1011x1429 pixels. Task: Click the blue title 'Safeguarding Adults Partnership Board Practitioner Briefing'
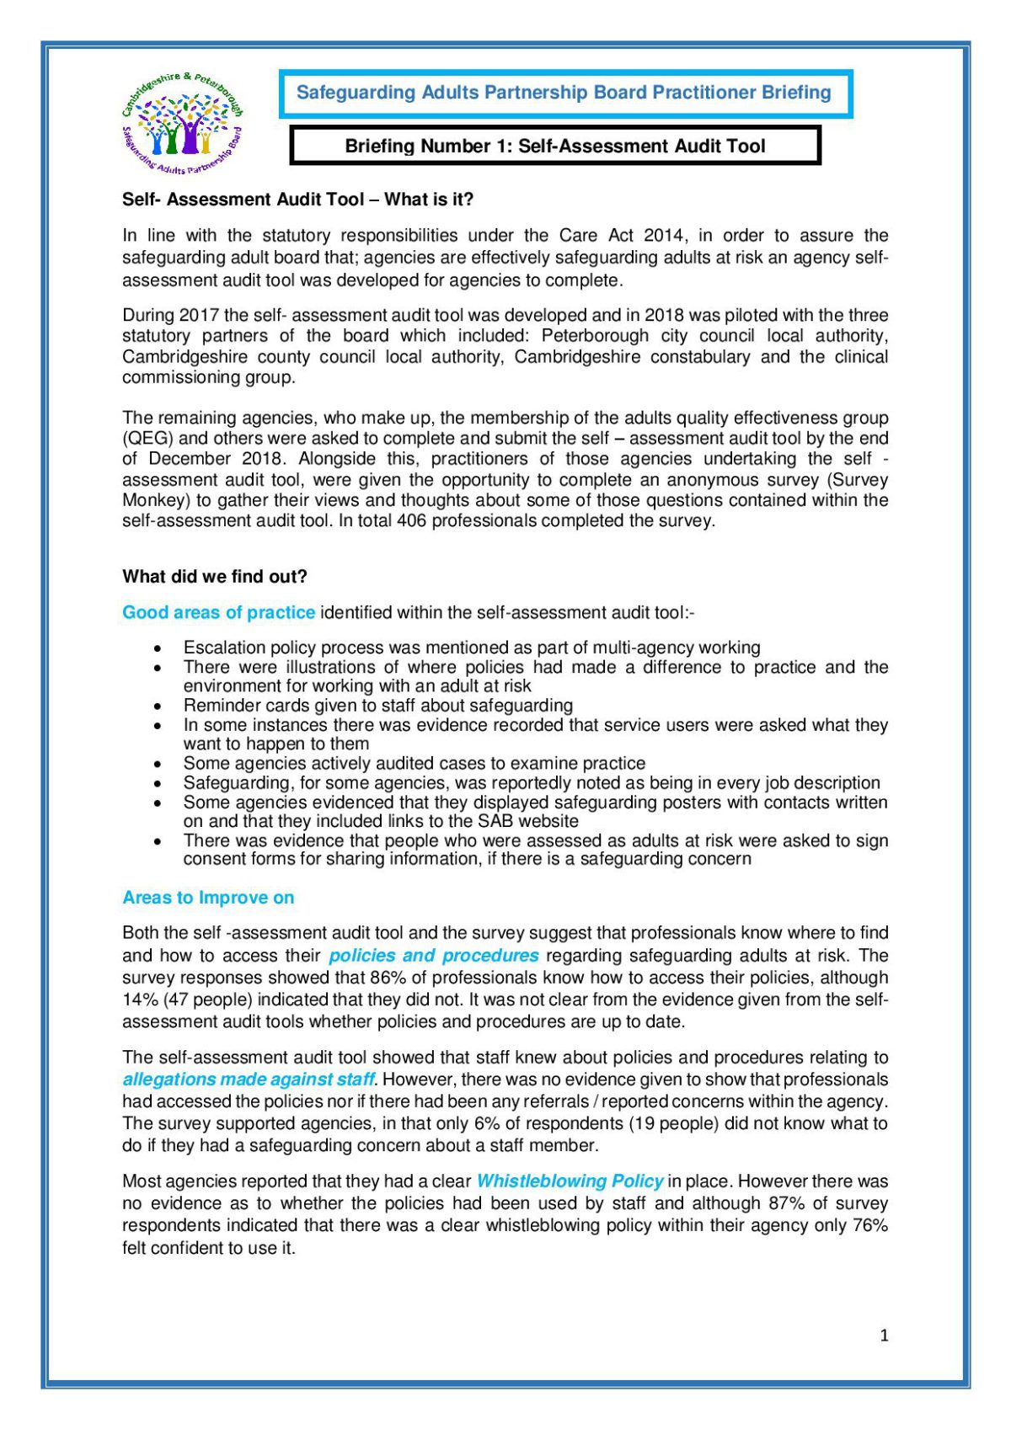click(564, 93)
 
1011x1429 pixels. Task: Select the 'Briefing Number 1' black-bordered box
click(554, 146)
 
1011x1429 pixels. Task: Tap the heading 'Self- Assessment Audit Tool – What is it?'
click(297, 200)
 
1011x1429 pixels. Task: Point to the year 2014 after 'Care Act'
click(664, 236)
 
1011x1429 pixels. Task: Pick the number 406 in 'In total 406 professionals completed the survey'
click(414, 521)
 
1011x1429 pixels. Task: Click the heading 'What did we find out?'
click(215, 577)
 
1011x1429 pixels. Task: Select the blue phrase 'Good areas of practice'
click(218, 613)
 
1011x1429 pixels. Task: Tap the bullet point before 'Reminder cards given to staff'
click(158, 707)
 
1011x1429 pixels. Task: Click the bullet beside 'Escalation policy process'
click(158, 648)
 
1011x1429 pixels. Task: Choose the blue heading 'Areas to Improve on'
click(208, 898)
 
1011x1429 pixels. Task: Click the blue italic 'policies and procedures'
click(433, 956)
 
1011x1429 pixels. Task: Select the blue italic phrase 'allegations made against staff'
click(248, 1080)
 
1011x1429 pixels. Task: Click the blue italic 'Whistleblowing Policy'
click(570, 1182)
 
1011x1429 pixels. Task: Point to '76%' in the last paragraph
click(869, 1226)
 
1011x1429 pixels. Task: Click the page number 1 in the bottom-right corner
click(884, 1336)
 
